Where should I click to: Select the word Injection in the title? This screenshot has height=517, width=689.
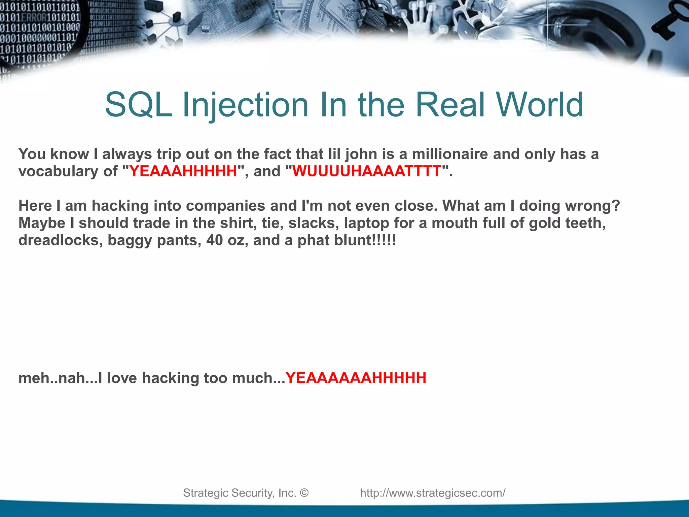pyautogui.click(x=245, y=105)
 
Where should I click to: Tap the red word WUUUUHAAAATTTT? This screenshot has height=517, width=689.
pyautogui.click(x=367, y=171)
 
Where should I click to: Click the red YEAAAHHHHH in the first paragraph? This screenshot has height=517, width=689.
pyautogui.click(x=183, y=171)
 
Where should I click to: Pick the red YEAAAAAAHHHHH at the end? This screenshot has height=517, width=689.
pyautogui.click(x=356, y=378)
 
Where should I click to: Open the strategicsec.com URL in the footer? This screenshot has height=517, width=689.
pyautogui.click(x=433, y=493)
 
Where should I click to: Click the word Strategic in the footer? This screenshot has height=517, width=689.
pyautogui.click(x=205, y=493)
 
